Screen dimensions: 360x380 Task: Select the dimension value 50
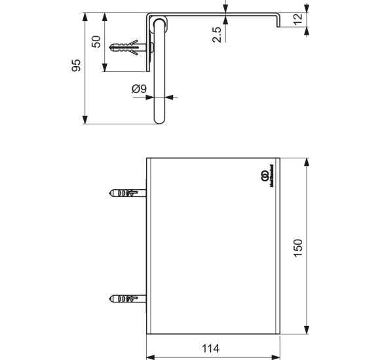coord(96,42)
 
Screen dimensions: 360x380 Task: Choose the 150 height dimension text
coord(297,247)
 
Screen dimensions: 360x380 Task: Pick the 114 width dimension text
coord(210,348)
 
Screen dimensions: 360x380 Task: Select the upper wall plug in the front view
coord(126,194)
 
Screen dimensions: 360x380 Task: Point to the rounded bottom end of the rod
coord(160,120)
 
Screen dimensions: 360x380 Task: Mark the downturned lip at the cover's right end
coord(278,22)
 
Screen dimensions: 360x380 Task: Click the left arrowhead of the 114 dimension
coord(149,357)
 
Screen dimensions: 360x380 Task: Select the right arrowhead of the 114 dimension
coord(276,357)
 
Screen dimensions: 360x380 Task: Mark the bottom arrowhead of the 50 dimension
coord(105,69)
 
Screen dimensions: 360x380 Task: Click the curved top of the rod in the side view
coord(160,22)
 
